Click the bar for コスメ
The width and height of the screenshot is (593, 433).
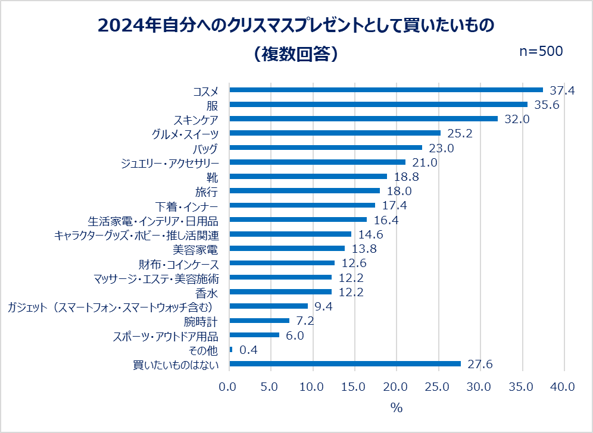pyautogui.click(x=386, y=90)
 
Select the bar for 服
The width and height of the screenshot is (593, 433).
pyautogui.click(x=379, y=105)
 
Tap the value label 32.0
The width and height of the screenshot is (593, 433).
pyautogui.click(x=518, y=119)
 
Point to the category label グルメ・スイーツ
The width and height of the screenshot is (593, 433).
pyautogui.click(x=186, y=134)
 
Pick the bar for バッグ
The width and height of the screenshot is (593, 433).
pyautogui.click(x=326, y=148)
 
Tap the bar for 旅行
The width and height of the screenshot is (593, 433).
pyautogui.click(x=305, y=191)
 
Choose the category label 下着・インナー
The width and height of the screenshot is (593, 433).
pyautogui.click(x=188, y=206)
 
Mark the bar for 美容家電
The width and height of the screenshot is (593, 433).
pyautogui.click(x=287, y=249)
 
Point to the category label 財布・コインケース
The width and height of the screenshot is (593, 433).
pyautogui.click(x=179, y=263)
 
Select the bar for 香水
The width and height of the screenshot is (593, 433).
pyautogui.click(x=280, y=292)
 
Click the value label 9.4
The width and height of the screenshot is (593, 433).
pyautogui.click(x=323, y=306)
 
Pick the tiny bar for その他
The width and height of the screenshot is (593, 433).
pyautogui.click(x=231, y=350)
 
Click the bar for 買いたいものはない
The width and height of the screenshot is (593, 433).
pyautogui.click(x=345, y=364)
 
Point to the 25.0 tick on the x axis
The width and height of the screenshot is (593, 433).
pyautogui.click(x=438, y=387)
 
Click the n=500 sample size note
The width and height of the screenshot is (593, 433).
pyautogui.click(x=541, y=52)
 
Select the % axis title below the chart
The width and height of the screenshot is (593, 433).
pyautogui.click(x=397, y=409)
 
